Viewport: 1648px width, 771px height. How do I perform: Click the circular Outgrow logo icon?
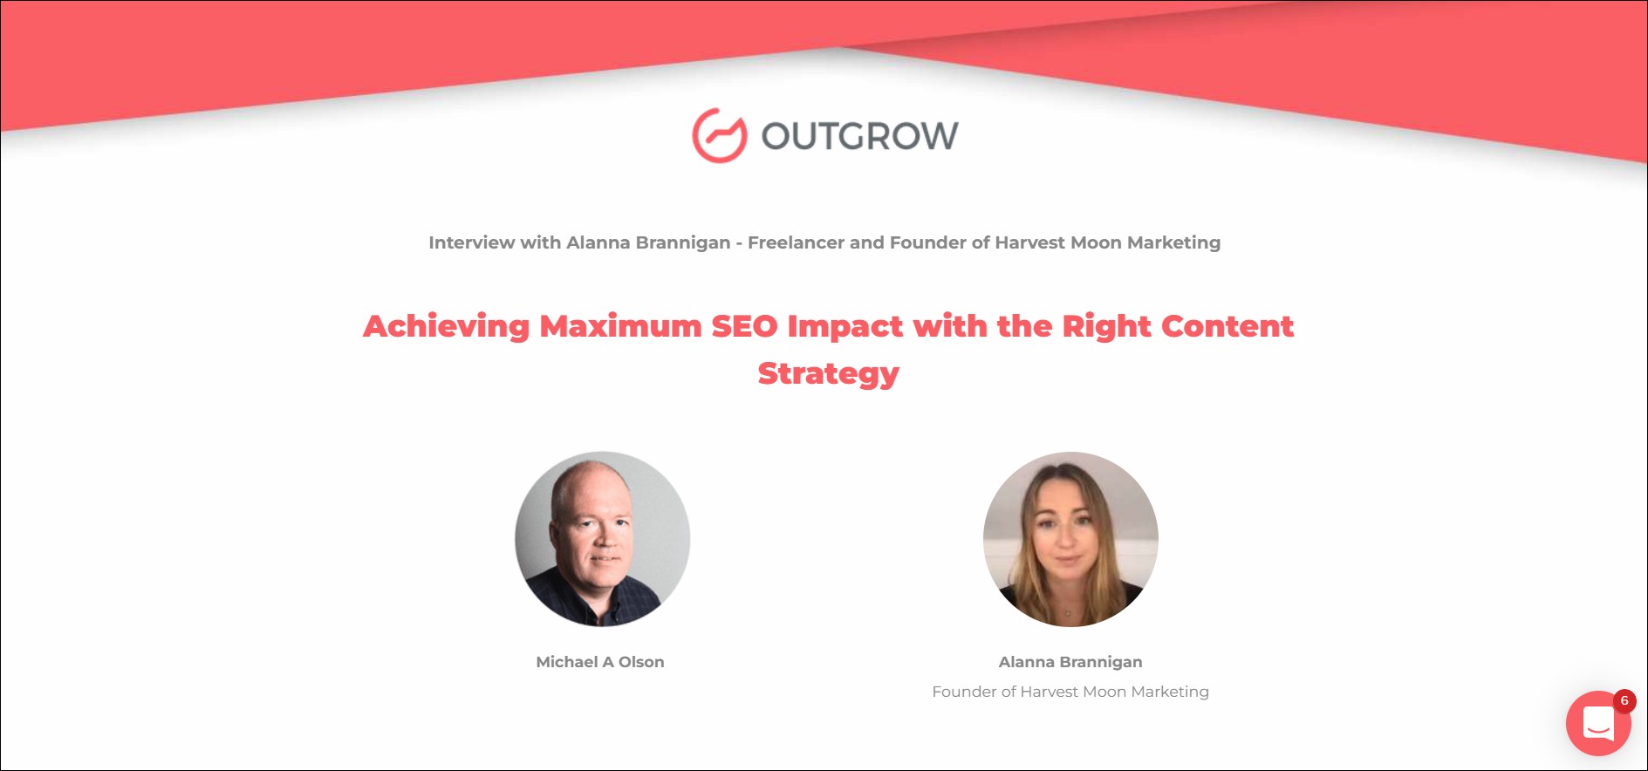[720, 135]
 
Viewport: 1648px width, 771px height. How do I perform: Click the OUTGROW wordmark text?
[860, 136]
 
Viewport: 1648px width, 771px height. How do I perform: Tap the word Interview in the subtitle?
[471, 242]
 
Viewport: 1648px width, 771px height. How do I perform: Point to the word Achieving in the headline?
[447, 326]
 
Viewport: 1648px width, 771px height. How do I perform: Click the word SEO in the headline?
[744, 326]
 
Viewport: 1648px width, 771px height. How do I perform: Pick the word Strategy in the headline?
[829, 373]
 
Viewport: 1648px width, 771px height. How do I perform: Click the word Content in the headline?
[1227, 326]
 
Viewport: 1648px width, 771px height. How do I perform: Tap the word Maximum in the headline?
[621, 326]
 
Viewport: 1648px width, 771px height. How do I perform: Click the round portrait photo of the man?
[603, 539]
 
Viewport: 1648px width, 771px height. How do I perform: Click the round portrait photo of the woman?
[1070, 539]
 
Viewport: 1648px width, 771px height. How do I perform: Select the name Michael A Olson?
[600, 662]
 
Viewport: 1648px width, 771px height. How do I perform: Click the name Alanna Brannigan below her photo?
[1070, 662]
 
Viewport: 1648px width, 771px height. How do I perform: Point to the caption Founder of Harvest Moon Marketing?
[1070, 692]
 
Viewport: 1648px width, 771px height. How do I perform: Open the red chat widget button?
[1598, 723]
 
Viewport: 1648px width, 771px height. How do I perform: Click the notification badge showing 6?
[1624, 700]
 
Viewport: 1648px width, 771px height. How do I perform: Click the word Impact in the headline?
[845, 326]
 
